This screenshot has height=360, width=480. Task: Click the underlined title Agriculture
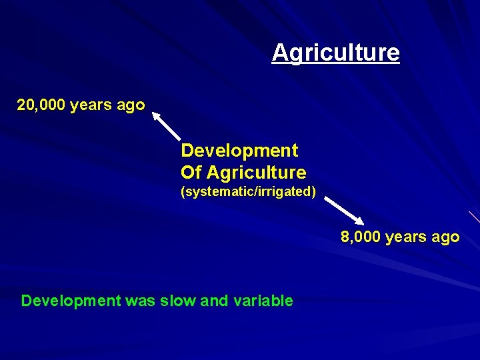[335, 53]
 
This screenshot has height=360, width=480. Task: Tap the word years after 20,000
[93, 105]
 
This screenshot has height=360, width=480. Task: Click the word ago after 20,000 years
[132, 105]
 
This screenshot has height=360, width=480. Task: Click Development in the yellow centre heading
[239, 150]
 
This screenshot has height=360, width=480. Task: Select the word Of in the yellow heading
[191, 173]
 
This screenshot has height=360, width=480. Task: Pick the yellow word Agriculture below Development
[256, 173]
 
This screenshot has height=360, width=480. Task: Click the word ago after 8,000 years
[446, 237]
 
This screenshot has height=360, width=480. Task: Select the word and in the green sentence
[214, 301]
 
